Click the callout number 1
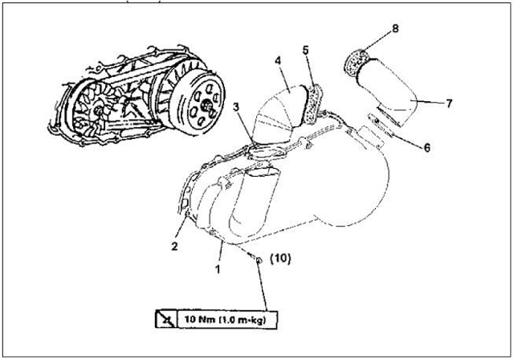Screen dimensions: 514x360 pos(218,269)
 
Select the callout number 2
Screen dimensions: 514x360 pos(174,246)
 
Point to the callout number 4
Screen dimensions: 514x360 pos(278,61)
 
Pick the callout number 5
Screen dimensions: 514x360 pos(305,50)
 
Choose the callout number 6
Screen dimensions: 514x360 pos(426,148)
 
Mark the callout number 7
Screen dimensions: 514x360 pos(449,104)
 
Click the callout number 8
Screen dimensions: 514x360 pos(395,28)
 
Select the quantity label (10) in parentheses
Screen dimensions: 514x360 pos(280,259)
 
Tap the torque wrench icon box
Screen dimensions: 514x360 pos(166,319)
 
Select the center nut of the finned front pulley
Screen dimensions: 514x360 pos(97,111)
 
